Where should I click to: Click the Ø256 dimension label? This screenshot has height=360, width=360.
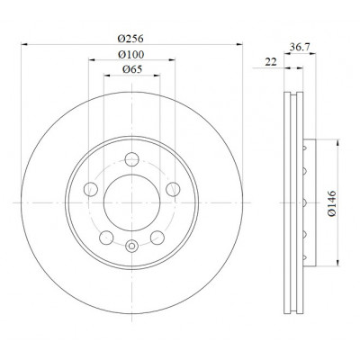[x=130, y=39]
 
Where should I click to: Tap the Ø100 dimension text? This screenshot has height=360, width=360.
[x=131, y=55]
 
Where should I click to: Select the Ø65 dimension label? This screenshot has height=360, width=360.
[x=132, y=69]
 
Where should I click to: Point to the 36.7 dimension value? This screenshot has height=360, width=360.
[x=300, y=47]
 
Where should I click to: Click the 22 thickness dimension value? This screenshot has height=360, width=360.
[x=271, y=62]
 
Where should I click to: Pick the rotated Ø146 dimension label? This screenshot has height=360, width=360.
[x=332, y=203]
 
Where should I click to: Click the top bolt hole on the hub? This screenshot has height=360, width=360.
[x=131, y=159]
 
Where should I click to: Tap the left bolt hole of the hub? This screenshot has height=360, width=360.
[x=91, y=190]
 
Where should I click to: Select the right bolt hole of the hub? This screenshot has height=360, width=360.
[x=173, y=190]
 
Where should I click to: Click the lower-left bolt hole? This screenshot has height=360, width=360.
[x=106, y=238]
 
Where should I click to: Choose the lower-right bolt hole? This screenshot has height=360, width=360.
[x=157, y=238]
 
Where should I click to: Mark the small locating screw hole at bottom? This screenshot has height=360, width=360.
[x=131, y=247]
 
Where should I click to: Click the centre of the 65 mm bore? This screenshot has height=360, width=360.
[x=131, y=202]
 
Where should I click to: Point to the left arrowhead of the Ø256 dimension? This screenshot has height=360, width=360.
[x=24, y=44]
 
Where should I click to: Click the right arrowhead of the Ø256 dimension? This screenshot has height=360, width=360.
[x=239, y=44]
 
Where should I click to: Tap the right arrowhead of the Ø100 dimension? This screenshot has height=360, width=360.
[x=172, y=60]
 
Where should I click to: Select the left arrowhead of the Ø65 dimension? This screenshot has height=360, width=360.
[x=107, y=75]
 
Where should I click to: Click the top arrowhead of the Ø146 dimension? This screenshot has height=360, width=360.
[x=338, y=142]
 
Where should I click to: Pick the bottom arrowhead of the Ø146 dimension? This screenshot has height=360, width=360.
[x=338, y=263]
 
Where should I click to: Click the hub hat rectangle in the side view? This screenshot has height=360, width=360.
[x=310, y=202]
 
